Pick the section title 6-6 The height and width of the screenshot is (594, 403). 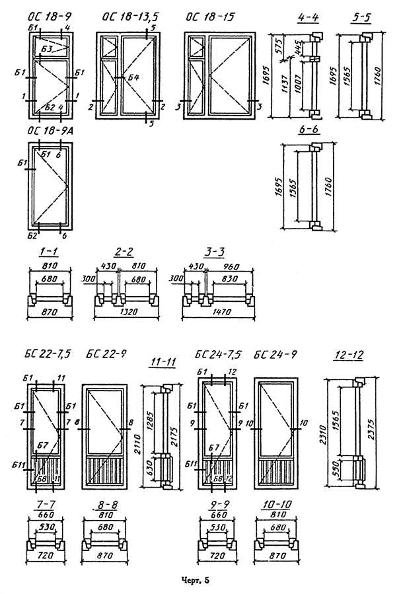click(x=309, y=130)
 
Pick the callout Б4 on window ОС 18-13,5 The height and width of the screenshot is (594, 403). click(x=134, y=79)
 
